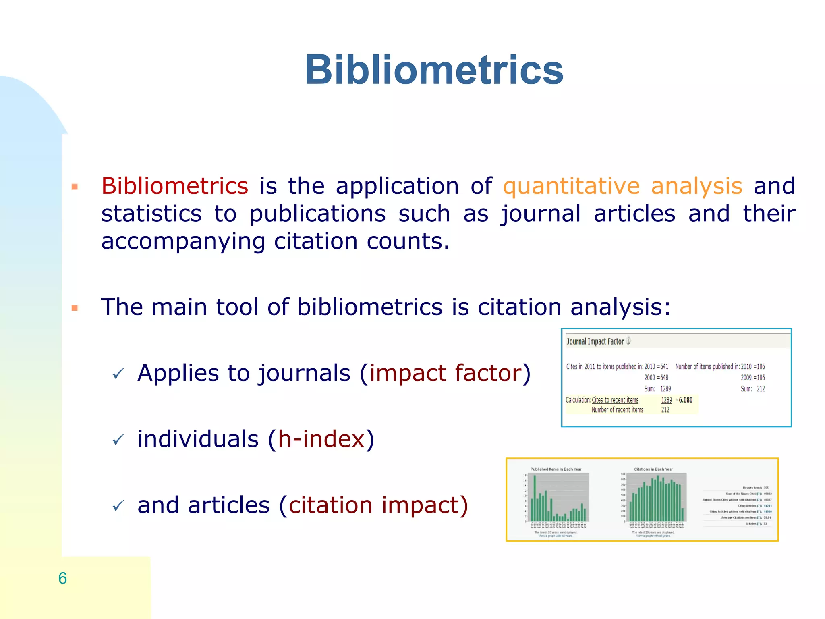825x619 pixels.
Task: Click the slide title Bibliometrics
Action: [x=434, y=70]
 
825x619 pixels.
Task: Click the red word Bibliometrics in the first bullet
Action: [x=174, y=186]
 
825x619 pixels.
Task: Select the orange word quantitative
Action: [x=571, y=186]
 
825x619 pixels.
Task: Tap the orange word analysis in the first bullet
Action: [x=696, y=186]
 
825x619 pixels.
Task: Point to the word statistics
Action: [x=151, y=214]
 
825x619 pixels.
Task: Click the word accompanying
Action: [x=183, y=241]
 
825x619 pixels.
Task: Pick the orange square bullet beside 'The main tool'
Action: [x=75, y=308]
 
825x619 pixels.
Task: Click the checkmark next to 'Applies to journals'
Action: [x=118, y=374]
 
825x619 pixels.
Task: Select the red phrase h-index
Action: [x=321, y=439]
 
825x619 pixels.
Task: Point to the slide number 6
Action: [x=62, y=578]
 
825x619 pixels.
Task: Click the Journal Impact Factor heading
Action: [x=595, y=342]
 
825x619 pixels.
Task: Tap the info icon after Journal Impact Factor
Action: [x=628, y=341]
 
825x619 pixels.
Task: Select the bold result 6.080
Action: [x=685, y=400]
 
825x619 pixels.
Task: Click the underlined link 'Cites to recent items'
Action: [x=615, y=400]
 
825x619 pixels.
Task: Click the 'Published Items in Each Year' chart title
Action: [x=556, y=469]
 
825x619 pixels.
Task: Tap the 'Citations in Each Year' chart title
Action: [x=653, y=469]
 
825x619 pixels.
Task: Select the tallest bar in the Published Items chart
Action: [x=535, y=499]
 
